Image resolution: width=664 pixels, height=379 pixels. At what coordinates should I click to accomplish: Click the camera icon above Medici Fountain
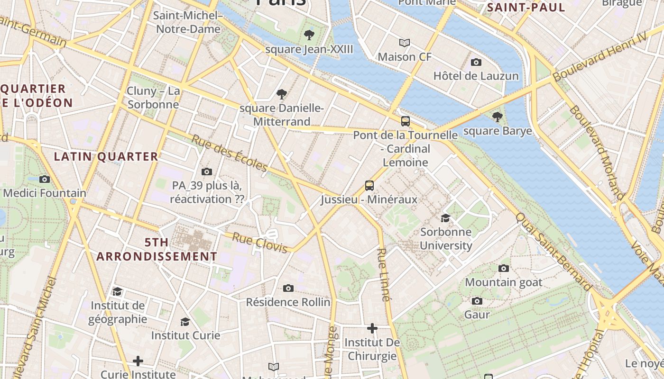coord(45,179)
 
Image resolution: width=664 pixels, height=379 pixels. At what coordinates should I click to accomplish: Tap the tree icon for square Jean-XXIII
coord(309,35)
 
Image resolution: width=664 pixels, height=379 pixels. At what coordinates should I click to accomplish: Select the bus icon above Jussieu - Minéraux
coord(369,185)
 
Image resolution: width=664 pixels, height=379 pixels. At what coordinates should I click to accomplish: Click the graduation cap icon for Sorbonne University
coord(445,218)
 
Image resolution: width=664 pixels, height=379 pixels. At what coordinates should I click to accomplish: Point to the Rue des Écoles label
coord(229,153)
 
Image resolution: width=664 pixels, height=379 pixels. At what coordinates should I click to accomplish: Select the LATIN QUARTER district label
coord(106,156)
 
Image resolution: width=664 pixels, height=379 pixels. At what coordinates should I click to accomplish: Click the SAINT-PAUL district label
coord(526,7)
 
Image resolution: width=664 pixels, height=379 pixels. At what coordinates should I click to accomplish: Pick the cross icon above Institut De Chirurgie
coord(372,328)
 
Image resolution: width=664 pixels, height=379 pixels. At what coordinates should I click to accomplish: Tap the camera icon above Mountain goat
coord(504,268)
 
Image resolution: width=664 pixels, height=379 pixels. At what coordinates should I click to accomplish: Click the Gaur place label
coord(477,315)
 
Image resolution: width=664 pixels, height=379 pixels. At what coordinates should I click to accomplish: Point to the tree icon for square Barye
coord(497,117)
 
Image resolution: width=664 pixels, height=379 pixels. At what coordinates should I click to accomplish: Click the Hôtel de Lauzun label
coord(476,76)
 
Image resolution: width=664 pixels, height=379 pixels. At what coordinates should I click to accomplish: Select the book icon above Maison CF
coord(405,43)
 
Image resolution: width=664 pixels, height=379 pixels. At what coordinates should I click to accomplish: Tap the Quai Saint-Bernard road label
coord(553,252)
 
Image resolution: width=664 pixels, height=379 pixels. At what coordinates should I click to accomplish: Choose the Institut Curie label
coord(185,335)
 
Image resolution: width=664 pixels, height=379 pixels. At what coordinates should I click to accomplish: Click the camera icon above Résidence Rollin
coord(288,288)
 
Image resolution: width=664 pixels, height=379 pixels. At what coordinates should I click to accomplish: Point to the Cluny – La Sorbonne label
coord(153,98)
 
